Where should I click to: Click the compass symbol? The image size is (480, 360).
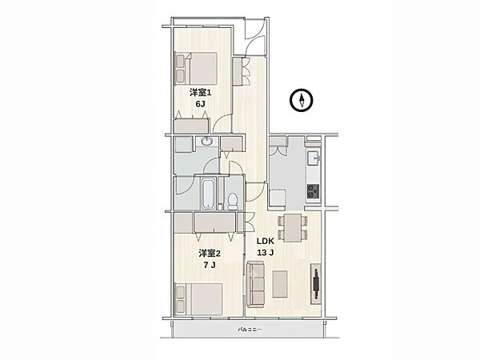(x=302, y=100)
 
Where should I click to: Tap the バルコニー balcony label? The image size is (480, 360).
(x=250, y=330)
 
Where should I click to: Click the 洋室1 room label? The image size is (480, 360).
(x=200, y=92)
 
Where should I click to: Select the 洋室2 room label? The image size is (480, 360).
(x=210, y=253)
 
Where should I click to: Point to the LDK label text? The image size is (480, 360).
(x=265, y=242)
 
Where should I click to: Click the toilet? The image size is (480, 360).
(x=233, y=201)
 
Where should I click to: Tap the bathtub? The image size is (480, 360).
(x=208, y=194)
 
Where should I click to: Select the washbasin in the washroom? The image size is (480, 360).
(x=207, y=142)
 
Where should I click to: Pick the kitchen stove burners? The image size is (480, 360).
(x=313, y=192)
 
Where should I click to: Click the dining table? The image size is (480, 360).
(x=292, y=228)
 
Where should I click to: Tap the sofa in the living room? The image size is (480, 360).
(x=255, y=283)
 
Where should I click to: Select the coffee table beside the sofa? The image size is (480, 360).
(x=280, y=283)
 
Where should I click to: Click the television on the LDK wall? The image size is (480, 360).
(x=317, y=284)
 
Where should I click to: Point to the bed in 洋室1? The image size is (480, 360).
(x=197, y=68)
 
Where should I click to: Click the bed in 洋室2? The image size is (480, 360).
(x=199, y=299)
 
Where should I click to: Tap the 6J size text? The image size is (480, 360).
(x=200, y=104)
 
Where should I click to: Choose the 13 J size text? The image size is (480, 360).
(x=265, y=253)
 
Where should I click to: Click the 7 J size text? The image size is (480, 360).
(x=210, y=265)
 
